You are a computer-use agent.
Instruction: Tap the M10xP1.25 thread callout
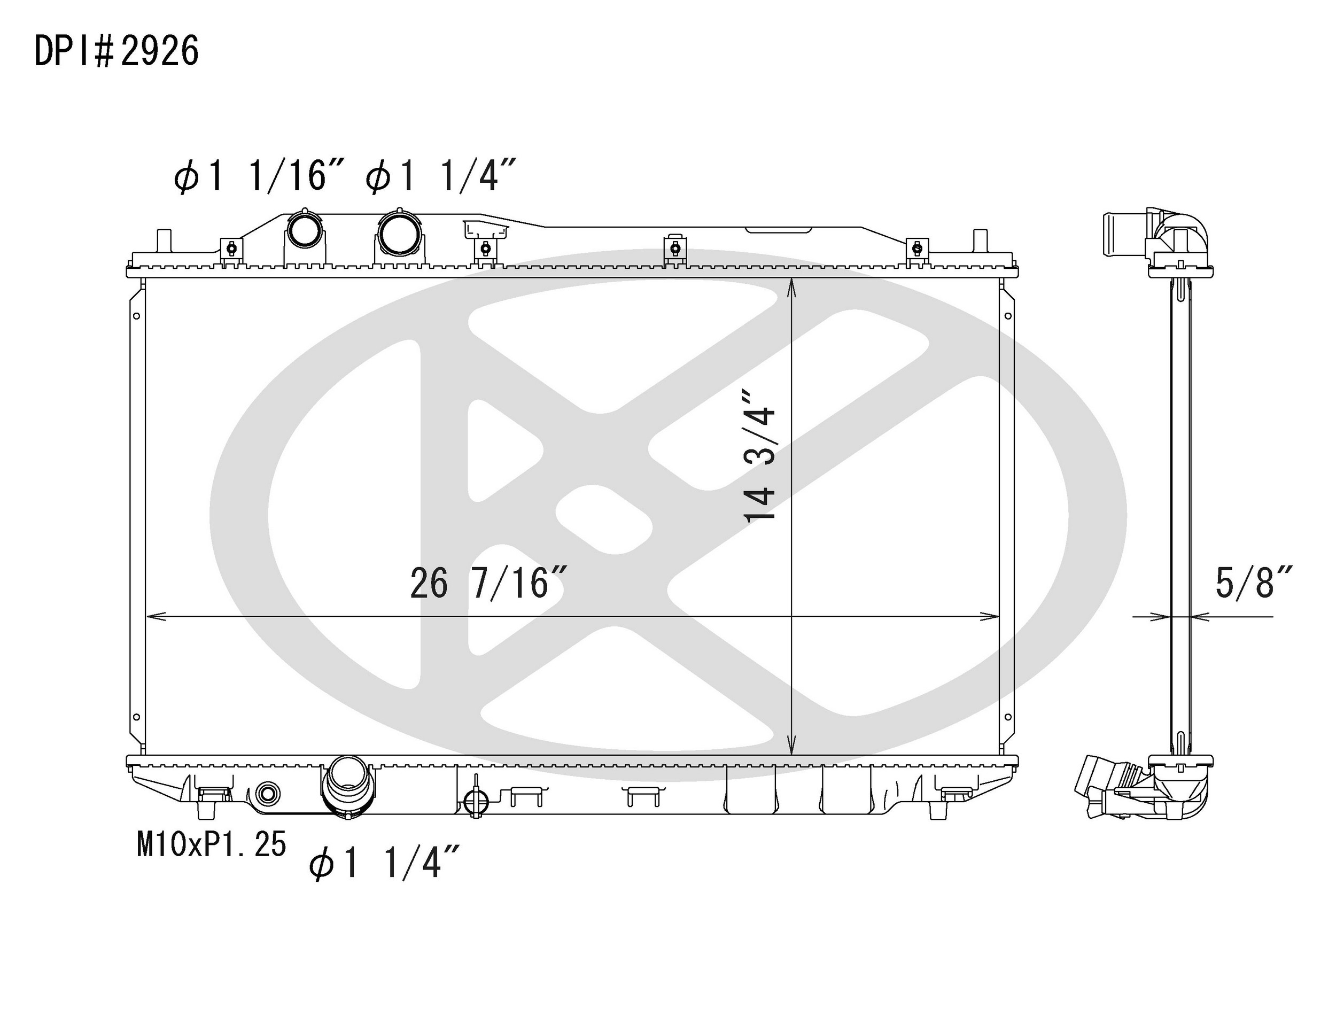[x=212, y=844]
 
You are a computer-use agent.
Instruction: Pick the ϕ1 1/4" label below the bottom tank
[x=384, y=863]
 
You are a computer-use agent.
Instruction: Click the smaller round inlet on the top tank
[x=304, y=230]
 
